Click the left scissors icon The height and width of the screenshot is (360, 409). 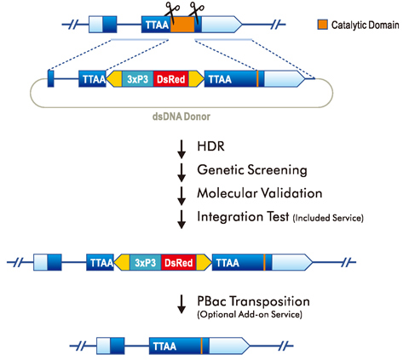[x=172, y=11]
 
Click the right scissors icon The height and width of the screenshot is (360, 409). [x=197, y=11]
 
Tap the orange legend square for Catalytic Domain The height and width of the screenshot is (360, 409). [x=322, y=25]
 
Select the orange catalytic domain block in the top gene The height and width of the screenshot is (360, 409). [x=182, y=25]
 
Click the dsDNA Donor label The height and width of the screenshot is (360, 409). [x=181, y=117]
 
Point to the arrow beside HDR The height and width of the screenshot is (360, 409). [x=181, y=149]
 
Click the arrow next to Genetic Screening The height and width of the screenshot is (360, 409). [x=181, y=173]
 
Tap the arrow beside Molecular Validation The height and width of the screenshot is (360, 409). [x=181, y=196]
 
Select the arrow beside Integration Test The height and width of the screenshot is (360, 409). [x=181, y=219]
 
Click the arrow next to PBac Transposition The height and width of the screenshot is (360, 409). [x=181, y=304]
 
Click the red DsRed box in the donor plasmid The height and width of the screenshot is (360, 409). [x=171, y=79]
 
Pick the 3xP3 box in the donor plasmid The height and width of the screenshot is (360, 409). [x=138, y=79]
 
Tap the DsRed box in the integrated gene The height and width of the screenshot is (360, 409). [x=179, y=262]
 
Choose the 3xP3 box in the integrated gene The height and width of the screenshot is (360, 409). [x=146, y=262]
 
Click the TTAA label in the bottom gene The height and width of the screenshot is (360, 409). [x=164, y=346]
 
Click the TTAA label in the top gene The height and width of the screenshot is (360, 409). [x=157, y=25]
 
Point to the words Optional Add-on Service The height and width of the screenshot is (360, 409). [x=250, y=315]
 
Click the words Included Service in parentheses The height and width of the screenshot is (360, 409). [x=328, y=218]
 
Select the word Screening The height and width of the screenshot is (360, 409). [x=277, y=170]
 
